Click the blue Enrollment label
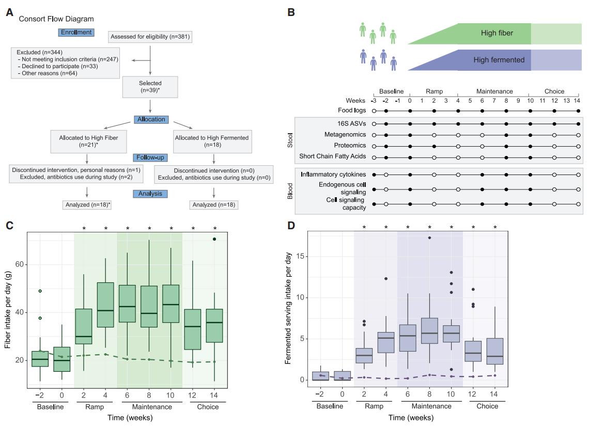tap(76, 33)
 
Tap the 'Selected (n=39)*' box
tap(150, 87)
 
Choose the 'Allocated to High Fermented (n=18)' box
tap(212, 141)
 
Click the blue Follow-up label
tap(150, 157)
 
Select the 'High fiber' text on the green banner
tap(497, 34)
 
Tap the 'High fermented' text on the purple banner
tap(499, 60)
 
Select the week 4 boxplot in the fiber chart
tap(105, 305)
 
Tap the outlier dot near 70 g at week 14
tap(215, 239)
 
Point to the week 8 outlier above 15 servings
tap(429, 238)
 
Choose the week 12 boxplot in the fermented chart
tap(473, 351)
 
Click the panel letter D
tap(291, 225)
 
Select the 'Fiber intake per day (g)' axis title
tap(8, 313)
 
